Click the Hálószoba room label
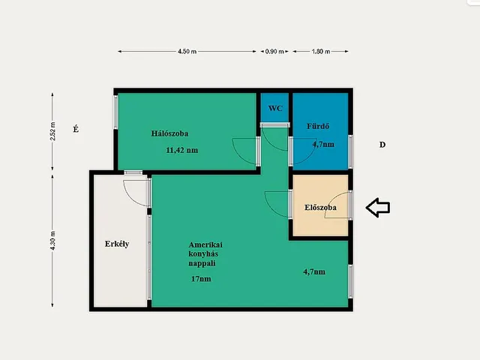pos(169,133)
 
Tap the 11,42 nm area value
pos(181,150)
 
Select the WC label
pos(275,108)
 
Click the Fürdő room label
pos(318,126)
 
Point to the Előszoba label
pos(320,207)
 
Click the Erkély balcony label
pos(117,244)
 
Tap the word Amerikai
pos(205,244)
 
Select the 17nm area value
pos(201,279)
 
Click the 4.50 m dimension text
pos(187,52)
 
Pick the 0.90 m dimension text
pos(274,52)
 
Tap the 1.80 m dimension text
pos(321,52)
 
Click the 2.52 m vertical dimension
pos(52,131)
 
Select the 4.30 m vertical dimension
pos(52,241)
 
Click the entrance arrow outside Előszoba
pos(378,208)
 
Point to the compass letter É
pos(76,129)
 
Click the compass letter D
pos(382,145)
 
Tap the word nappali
pos(202,263)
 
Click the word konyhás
pos(203,253)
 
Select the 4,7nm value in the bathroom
pos(323,144)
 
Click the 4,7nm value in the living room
pos(314,271)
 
